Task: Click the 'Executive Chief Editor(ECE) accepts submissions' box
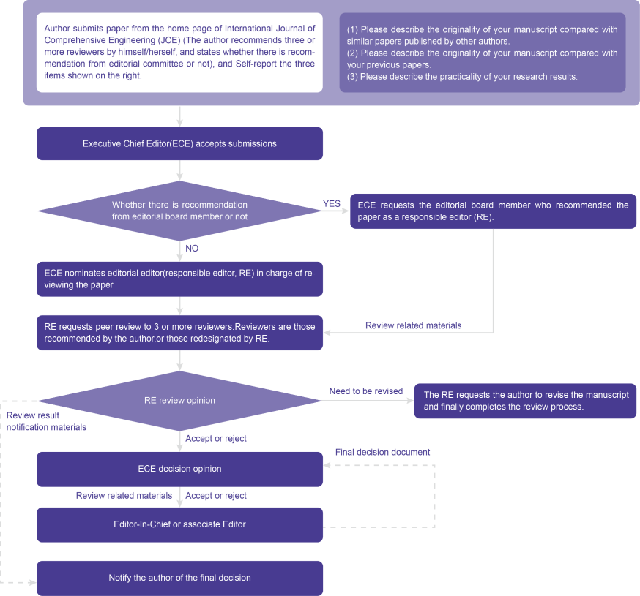coord(179,143)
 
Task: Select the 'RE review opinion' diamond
coord(179,401)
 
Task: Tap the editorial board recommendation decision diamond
coord(179,211)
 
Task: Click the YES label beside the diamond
coord(332,204)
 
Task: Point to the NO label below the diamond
coord(192,248)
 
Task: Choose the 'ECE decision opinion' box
coord(179,469)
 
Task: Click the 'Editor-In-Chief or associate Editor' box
coord(179,524)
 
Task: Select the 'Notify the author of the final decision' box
coord(179,578)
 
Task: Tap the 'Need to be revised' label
coord(366,391)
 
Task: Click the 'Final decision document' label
coord(382,452)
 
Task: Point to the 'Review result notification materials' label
coord(47,421)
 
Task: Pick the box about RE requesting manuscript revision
coord(525,401)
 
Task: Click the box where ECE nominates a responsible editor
coord(179,279)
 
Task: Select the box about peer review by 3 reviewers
coord(179,333)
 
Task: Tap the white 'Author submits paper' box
coord(179,53)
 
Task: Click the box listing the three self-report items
coord(483,53)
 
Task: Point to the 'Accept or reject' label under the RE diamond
coord(216,439)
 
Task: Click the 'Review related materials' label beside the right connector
coord(414,325)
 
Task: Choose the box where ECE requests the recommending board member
coord(493,211)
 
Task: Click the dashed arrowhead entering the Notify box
coord(33,583)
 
